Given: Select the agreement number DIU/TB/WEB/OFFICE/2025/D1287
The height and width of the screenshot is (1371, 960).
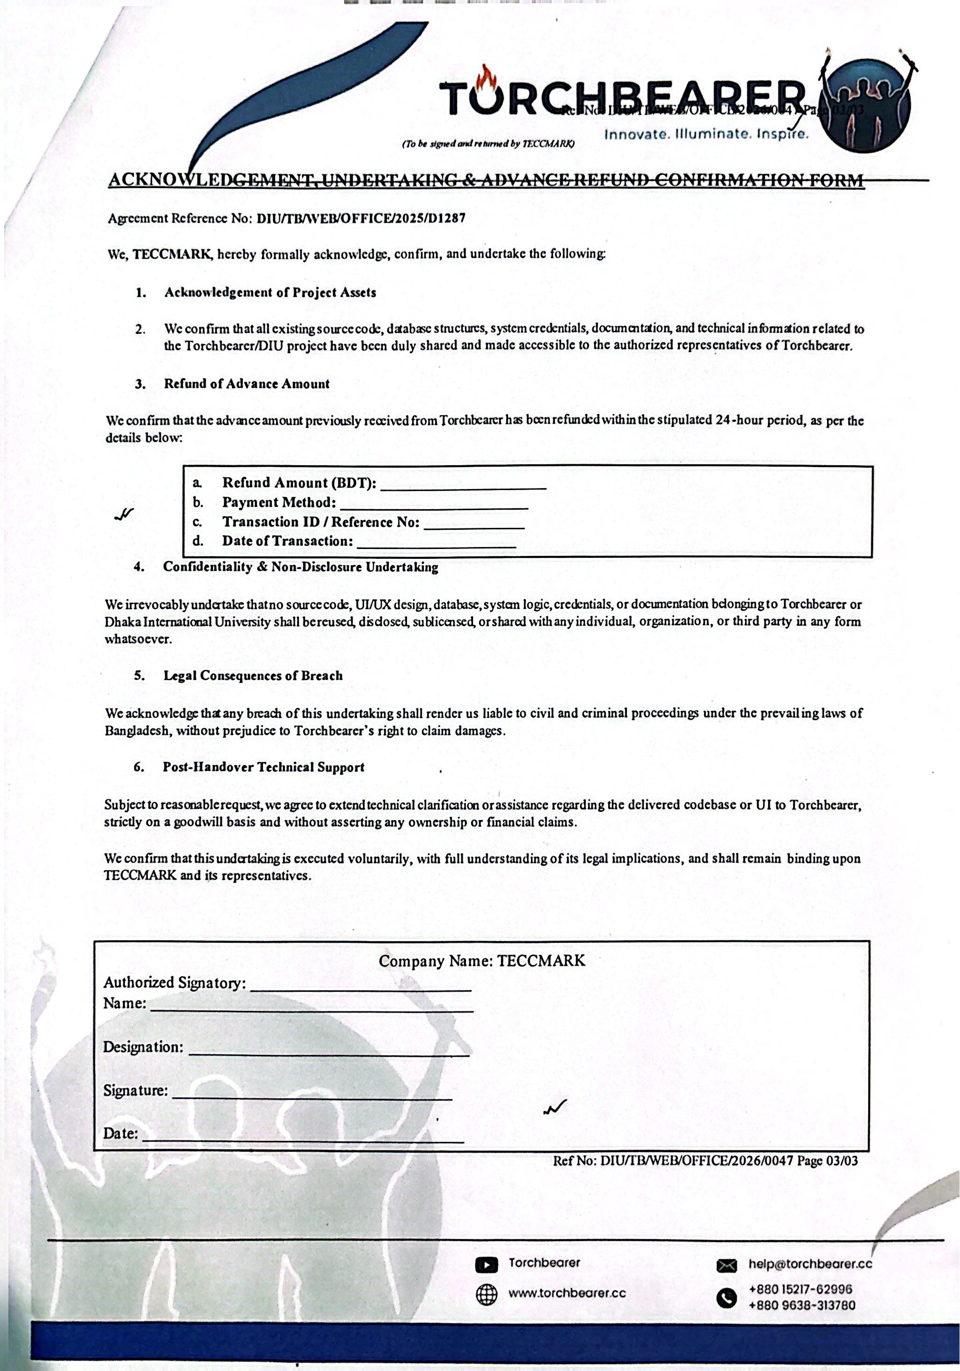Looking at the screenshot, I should pos(361,218).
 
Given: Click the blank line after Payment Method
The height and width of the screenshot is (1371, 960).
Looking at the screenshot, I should pos(433,505).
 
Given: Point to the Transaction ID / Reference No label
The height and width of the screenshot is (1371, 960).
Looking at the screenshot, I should pos(321,522).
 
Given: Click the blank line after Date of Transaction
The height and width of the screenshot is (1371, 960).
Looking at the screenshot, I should pos(436,544).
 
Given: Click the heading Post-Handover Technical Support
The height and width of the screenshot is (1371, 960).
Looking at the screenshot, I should pos(263,767).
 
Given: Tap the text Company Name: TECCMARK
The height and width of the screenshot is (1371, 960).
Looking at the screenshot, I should pos(481,961).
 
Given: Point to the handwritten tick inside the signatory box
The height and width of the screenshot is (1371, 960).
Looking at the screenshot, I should pos(555,1108).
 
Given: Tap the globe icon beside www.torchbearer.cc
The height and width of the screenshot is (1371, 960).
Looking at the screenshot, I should pos(486,1295).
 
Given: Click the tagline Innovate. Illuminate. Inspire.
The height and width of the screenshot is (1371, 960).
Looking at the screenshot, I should pos(706,134).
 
